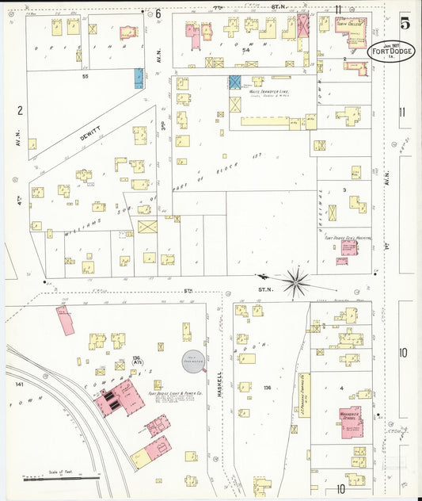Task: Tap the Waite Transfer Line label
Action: coord(268,92)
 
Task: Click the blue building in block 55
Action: coord(139,78)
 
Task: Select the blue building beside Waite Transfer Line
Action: coord(235,82)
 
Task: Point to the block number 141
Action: coord(21,384)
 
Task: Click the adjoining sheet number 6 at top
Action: coord(158,13)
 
